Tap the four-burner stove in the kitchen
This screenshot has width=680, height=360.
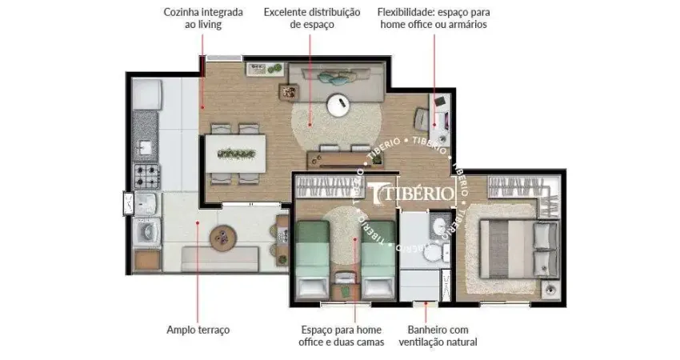[x=146, y=173]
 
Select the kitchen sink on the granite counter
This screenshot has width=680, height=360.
[x=146, y=147]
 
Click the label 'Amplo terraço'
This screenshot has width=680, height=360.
[x=198, y=329]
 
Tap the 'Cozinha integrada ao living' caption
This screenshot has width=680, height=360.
[x=192, y=18]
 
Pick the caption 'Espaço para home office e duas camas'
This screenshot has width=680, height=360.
[x=342, y=336]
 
